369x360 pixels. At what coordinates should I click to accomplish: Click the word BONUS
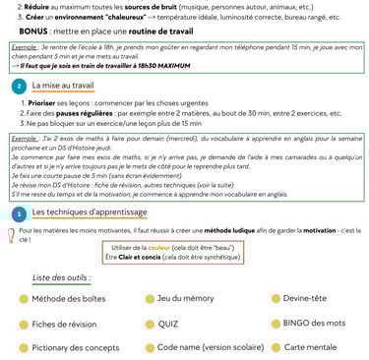point(38,31)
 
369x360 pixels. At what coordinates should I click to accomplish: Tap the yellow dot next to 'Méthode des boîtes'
point(23,298)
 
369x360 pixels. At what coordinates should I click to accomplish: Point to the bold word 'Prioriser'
point(45,103)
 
